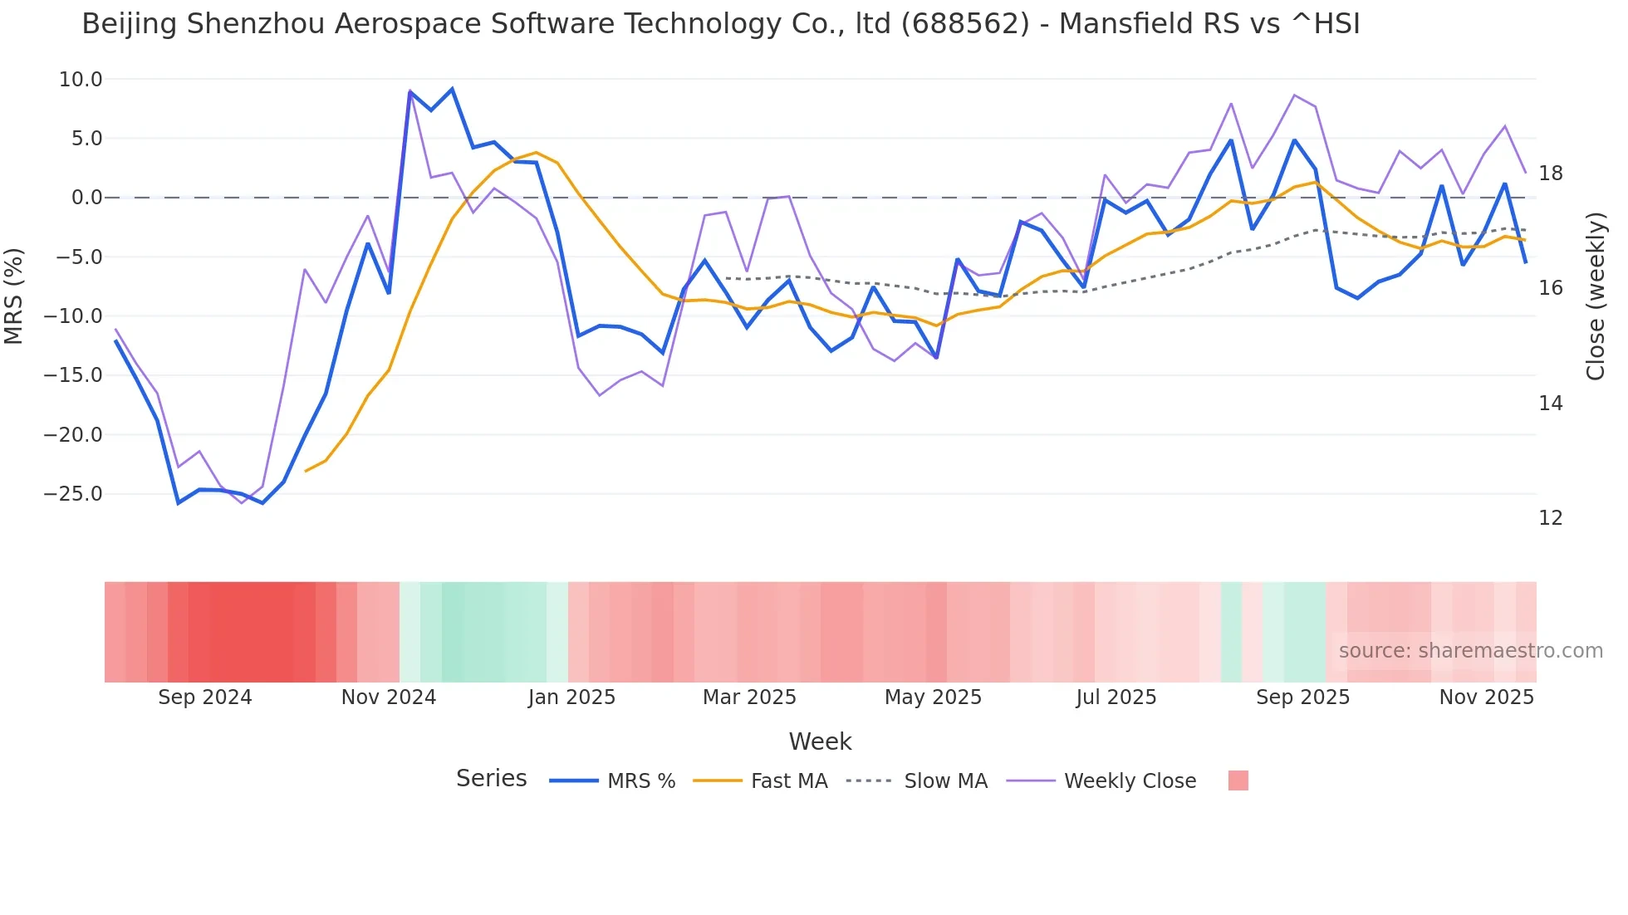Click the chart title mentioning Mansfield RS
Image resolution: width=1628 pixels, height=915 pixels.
721,24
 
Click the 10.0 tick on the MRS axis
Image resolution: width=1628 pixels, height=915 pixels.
81,80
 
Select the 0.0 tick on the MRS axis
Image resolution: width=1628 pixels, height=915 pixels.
86,198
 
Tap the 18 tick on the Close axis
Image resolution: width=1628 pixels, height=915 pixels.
1550,174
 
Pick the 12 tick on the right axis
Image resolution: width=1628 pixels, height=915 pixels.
1550,518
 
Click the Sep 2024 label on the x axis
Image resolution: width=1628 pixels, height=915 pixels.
205,697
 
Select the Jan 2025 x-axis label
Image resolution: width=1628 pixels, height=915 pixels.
571,697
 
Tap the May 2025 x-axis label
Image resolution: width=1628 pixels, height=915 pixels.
933,697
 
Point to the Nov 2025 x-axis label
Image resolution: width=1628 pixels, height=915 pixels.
1486,697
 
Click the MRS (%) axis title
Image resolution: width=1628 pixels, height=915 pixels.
14,296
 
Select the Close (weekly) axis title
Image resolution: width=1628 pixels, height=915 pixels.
1595,296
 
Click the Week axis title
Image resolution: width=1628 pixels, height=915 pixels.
820,741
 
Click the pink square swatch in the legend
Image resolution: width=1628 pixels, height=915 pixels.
1238,780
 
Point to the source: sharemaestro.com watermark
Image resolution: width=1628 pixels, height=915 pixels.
1470,651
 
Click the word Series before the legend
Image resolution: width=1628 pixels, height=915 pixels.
491,779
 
